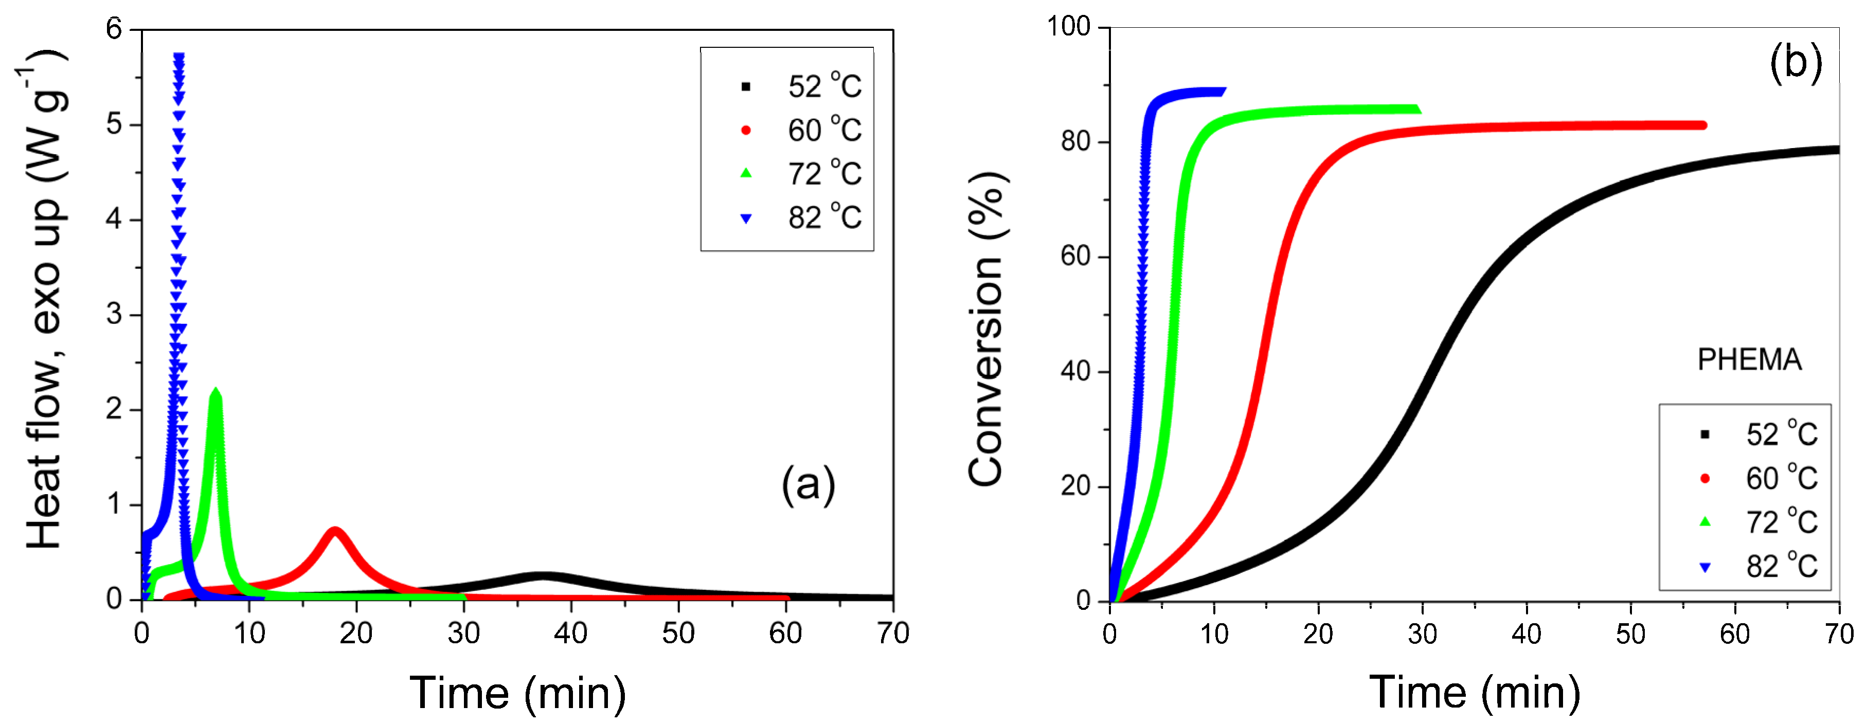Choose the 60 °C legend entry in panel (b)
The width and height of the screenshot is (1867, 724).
click(x=1761, y=478)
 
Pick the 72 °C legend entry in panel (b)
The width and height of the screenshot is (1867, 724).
click(x=1761, y=522)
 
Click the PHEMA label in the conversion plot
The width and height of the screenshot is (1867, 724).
click(x=1749, y=359)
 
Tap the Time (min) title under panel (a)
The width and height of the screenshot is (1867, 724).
click(x=517, y=693)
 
